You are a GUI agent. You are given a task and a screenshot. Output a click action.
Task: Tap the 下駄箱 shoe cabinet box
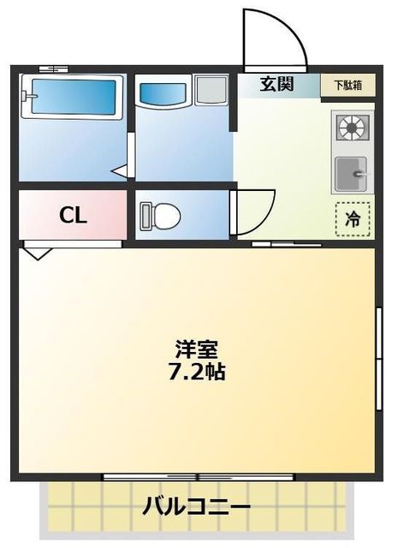[348, 85]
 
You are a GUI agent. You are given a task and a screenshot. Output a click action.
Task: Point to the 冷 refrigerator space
[352, 218]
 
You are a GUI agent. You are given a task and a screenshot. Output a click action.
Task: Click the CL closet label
[73, 216]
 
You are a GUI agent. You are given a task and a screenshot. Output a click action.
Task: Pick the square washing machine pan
[209, 90]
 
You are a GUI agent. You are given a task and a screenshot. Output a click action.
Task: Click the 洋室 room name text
[197, 349]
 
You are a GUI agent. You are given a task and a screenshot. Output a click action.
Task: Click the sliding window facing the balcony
[199, 476]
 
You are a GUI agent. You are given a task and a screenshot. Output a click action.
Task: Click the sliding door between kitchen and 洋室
[286, 244]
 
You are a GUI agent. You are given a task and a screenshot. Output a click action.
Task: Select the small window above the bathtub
[53, 68]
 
